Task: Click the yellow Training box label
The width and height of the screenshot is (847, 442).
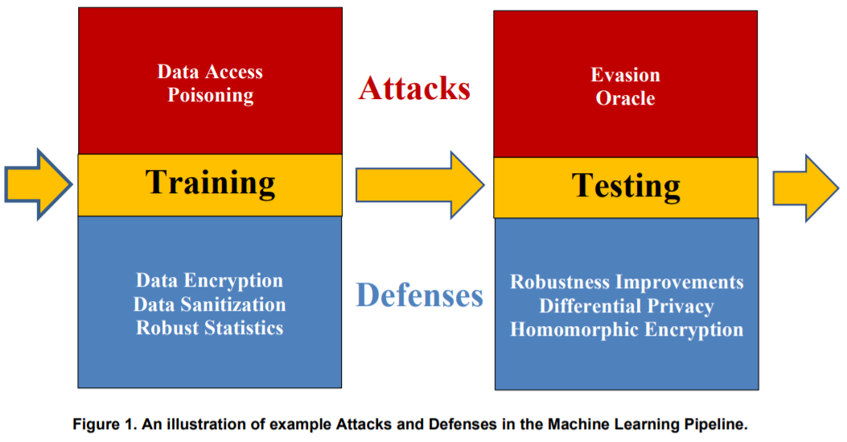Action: (x=210, y=184)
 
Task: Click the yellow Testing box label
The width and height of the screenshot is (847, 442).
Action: (x=626, y=187)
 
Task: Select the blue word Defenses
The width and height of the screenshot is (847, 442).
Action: (x=419, y=295)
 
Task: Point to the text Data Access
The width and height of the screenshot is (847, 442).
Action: (x=210, y=72)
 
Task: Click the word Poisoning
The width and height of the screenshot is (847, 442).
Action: (x=210, y=95)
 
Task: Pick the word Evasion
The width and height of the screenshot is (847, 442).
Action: (x=625, y=75)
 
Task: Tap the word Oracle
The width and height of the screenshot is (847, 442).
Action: (x=625, y=98)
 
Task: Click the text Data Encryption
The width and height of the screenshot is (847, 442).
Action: (x=209, y=281)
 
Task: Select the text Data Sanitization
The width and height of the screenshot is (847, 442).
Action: (x=209, y=304)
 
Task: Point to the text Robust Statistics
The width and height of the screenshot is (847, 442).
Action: (x=209, y=328)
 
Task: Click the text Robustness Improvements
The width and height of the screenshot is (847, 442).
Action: (x=627, y=283)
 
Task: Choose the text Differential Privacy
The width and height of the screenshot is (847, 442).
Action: (x=627, y=306)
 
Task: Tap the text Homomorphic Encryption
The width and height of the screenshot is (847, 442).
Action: (x=627, y=329)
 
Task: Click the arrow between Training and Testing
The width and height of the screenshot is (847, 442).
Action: (x=418, y=186)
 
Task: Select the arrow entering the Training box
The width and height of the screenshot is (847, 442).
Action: (x=37, y=184)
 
